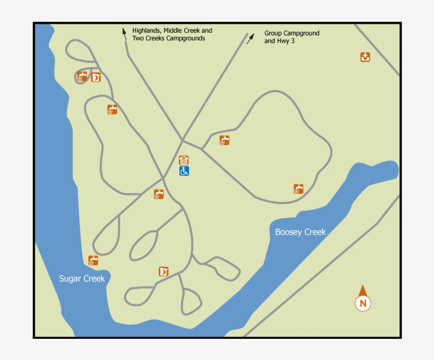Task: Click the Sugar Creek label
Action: tap(82, 279)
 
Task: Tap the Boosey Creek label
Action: tap(300, 232)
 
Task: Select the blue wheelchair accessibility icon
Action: tap(184, 171)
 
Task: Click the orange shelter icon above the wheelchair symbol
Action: tap(184, 160)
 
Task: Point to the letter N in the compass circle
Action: tap(363, 304)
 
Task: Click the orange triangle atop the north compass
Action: tap(363, 291)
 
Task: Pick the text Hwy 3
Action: tap(285, 41)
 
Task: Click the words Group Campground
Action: tap(292, 33)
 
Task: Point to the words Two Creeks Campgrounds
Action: tap(168, 39)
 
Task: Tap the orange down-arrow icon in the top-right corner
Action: tap(365, 57)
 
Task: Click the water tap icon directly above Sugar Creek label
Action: tap(93, 260)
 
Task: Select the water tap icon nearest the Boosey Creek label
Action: tap(299, 189)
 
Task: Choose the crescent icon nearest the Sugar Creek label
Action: tap(164, 272)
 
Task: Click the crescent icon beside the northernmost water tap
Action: tap(96, 78)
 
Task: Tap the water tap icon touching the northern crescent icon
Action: tap(82, 76)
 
